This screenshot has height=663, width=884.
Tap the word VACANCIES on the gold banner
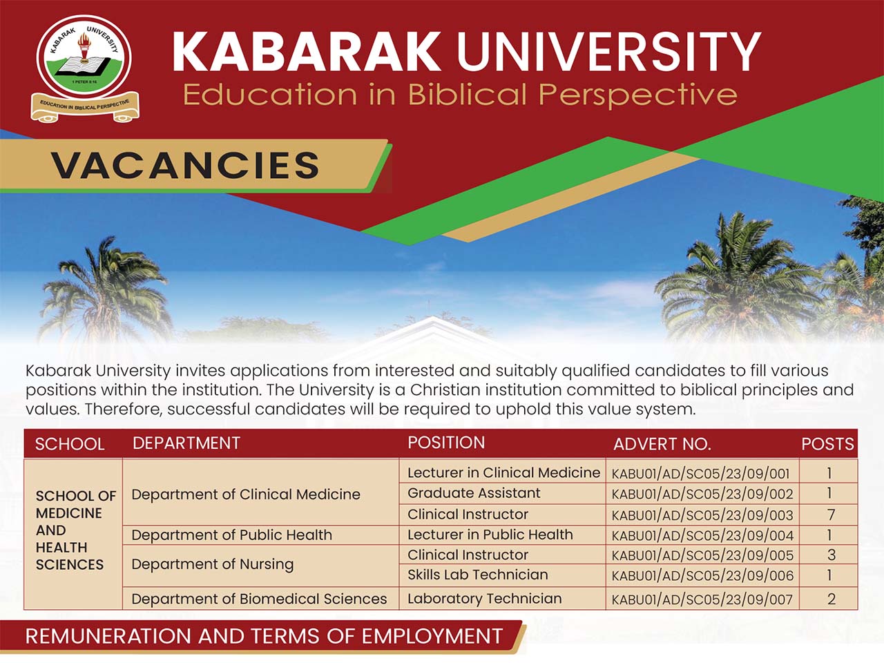click(x=185, y=165)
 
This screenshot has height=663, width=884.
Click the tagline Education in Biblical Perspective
click(x=461, y=96)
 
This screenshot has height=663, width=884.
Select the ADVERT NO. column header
click(x=662, y=444)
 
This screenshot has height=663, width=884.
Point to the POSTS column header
click(x=827, y=444)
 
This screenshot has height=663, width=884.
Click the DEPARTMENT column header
click(x=186, y=443)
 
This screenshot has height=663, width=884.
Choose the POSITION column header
click(x=446, y=443)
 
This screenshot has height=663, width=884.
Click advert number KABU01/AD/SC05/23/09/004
click(x=702, y=536)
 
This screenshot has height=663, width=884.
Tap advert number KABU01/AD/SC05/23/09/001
click(x=700, y=474)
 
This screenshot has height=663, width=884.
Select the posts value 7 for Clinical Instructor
click(x=830, y=515)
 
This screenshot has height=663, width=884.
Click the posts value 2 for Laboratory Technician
click(x=832, y=599)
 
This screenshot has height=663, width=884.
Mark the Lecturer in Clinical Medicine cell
click(x=504, y=472)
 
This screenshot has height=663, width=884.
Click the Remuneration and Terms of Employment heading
click(x=264, y=637)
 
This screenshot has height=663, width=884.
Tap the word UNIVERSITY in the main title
click(x=608, y=51)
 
